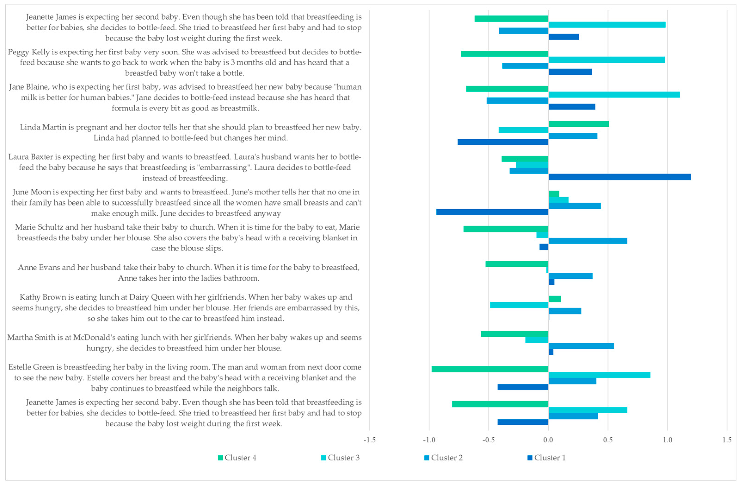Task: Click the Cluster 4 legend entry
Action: tap(237, 458)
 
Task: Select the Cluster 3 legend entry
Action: tap(341, 458)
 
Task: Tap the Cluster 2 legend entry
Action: tap(444, 458)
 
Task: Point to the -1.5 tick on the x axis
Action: tap(369, 440)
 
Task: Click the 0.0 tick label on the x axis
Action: tap(548, 440)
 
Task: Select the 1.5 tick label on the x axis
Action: tap(727, 440)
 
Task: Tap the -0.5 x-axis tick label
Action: tap(488, 440)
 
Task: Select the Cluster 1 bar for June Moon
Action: tap(492, 212)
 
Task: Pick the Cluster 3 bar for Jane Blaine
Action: tap(614, 95)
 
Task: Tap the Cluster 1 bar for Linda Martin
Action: tap(503, 142)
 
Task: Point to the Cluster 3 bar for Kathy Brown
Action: tap(519, 305)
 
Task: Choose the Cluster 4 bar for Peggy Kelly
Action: tap(504, 53)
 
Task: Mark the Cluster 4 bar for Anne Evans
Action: tap(517, 264)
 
